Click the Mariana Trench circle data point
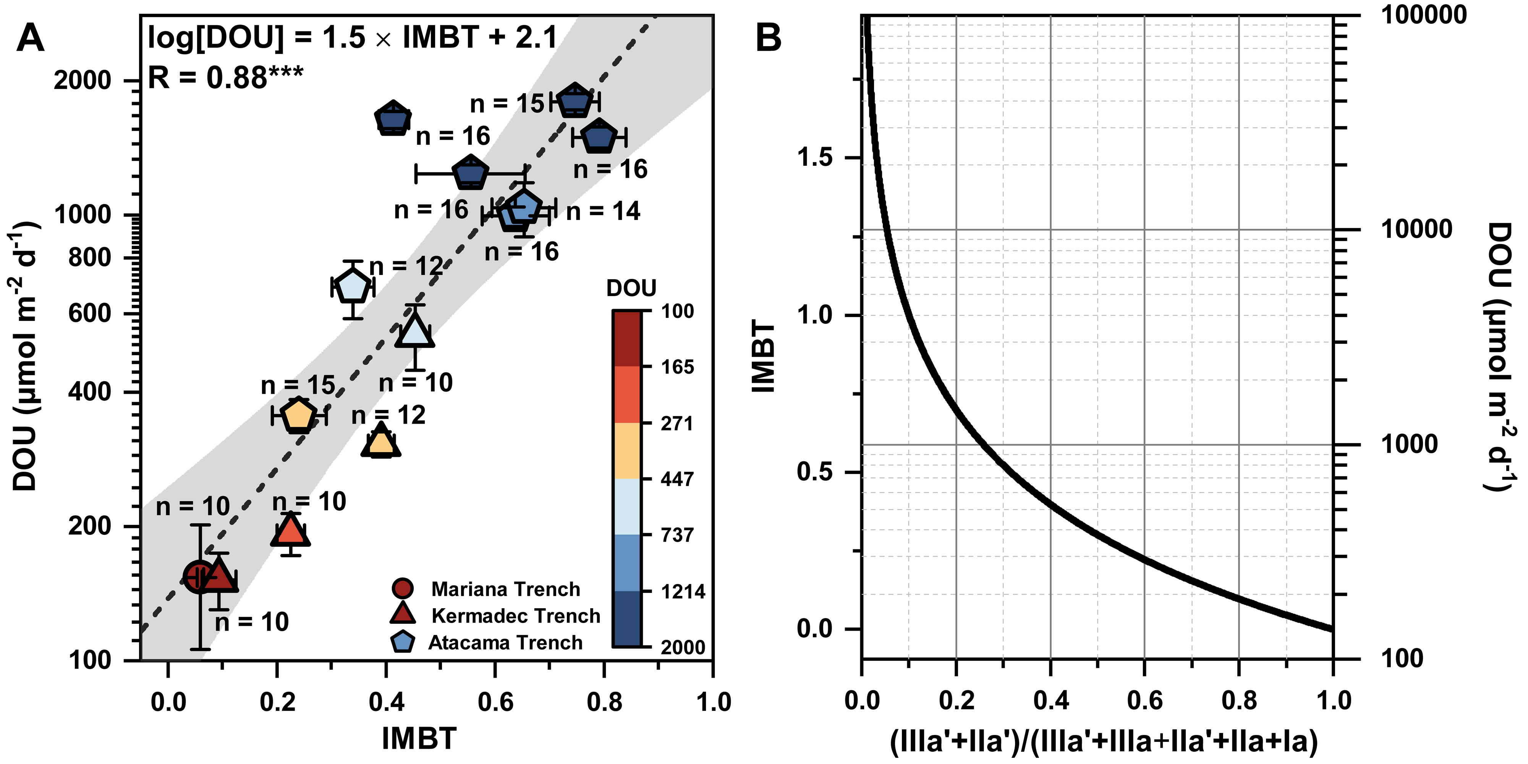coord(199,576)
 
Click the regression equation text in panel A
coord(352,38)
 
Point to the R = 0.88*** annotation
coord(225,78)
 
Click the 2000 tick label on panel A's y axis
coord(83,80)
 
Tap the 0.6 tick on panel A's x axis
coord(495,702)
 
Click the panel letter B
coord(768,38)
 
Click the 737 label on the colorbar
coord(677,535)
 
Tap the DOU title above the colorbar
coord(631,288)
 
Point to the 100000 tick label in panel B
coord(1424,15)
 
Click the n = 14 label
coord(603,211)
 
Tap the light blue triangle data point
coord(414,331)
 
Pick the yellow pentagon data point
coord(298,415)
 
